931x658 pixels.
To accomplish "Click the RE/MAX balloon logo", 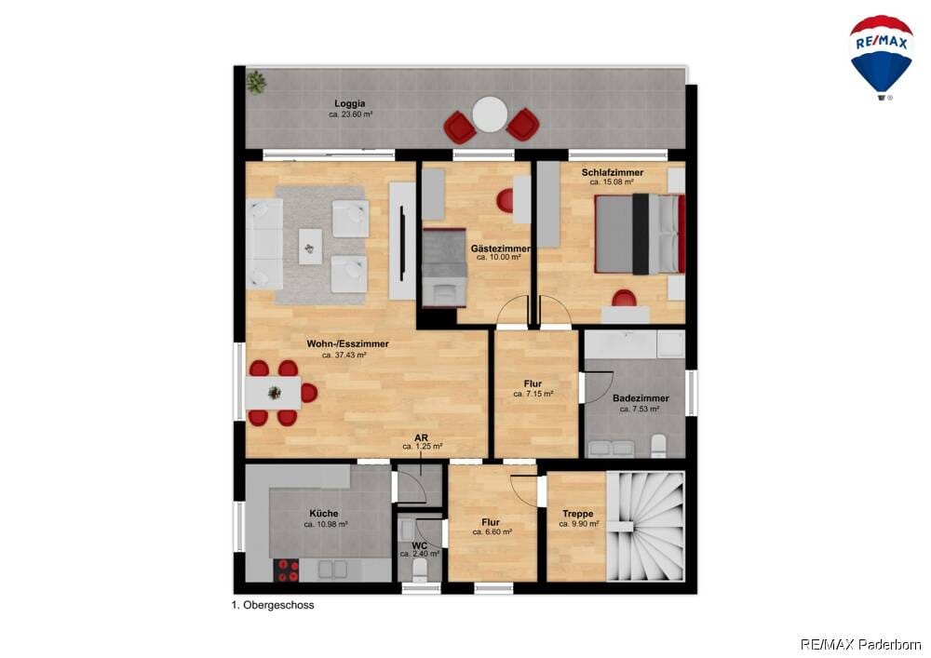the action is coord(881,57).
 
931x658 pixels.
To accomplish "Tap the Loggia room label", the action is coord(350,104).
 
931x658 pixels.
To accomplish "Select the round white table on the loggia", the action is coord(490,114).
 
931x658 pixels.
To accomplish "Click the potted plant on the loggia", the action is coord(256,82).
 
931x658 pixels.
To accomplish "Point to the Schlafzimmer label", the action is coord(613,173).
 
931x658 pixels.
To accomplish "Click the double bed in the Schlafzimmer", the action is coord(641,234).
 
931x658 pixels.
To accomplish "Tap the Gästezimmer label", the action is coord(500,248).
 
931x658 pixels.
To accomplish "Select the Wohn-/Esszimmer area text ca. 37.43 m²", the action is coord(344,355).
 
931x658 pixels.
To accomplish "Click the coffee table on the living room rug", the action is coord(311,247).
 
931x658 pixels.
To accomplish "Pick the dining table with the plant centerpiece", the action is coord(273,393).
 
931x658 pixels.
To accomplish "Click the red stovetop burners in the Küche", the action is coord(287,571).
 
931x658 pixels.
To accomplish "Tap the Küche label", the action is coord(324,514).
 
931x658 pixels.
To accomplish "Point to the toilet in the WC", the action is coord(419,570).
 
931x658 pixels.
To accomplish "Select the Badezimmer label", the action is coord(641,398).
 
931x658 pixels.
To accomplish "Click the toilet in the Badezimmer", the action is coord(658,446).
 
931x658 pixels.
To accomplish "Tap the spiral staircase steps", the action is coord(645,526).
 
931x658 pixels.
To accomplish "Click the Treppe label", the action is coord(578,515).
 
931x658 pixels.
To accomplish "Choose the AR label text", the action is coord(421,437).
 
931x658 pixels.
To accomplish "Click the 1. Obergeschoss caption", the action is coord(273,606).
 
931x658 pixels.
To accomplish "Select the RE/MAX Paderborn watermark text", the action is coord(861,644).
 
